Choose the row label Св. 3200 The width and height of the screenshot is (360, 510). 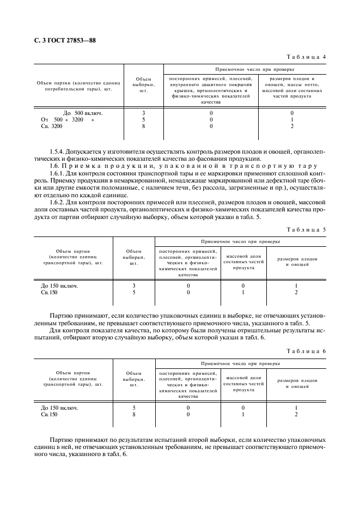pyautogui.click(x=52, y=126)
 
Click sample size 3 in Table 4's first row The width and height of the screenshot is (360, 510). pyautogui.click(x=143, y=113)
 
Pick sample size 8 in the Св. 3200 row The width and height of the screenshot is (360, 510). pyautogui.click(x=143, y=126)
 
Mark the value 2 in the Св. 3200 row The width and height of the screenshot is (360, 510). pyautogui.click(x=292, y=126)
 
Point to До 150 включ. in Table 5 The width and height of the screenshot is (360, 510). pyautogui.click(x=59, y=286)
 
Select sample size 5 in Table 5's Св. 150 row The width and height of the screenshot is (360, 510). pyautogui.click(x=133, y=292)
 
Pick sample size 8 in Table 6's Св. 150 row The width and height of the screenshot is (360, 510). pyautogui.click(x=133, y=414)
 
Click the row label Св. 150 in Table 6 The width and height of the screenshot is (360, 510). pyautogui.click(x=49, y=414)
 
